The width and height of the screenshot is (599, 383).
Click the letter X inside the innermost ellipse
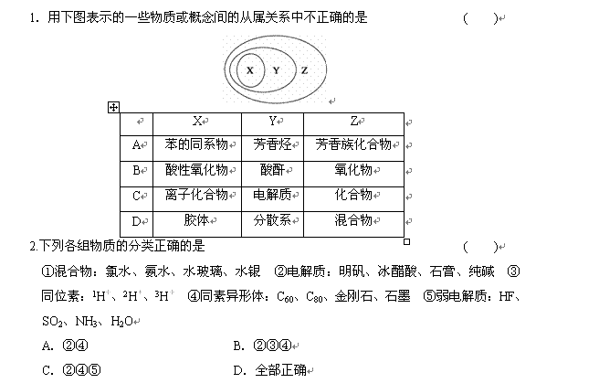(x=250, y=70)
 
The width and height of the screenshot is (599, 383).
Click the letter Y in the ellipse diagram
(x=276, y=70)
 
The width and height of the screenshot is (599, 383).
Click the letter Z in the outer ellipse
(x=304, y=70)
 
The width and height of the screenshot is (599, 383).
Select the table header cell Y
(x=272, y=124)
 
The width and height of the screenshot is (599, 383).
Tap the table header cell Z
(x=353, y=124)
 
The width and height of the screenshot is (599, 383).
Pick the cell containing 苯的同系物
(x=197, y=148)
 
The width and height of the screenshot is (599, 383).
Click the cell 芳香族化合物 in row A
(x=353, y=148)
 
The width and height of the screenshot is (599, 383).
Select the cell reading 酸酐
(x=272, y=174)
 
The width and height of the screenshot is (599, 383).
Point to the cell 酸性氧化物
(x=197, y=174)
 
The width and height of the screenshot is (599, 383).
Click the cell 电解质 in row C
(x=272, y=199)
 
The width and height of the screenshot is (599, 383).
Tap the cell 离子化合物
(x=197, y=199)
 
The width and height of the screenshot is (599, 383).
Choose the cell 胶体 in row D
(x=197, y=224)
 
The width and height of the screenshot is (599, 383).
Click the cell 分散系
(x=272, y=224)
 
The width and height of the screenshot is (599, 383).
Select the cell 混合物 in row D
(x=353, y=224)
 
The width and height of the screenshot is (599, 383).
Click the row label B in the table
(x=136, y=171)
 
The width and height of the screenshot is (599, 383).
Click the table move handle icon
(x=113, y=108)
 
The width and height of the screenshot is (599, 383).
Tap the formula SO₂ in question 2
(x=52, y=322)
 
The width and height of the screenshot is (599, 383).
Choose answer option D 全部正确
(x=269, y=370)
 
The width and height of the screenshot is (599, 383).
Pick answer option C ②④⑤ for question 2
(x=71, y=370)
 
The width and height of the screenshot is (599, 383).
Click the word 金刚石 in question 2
(x=353, y=296)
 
